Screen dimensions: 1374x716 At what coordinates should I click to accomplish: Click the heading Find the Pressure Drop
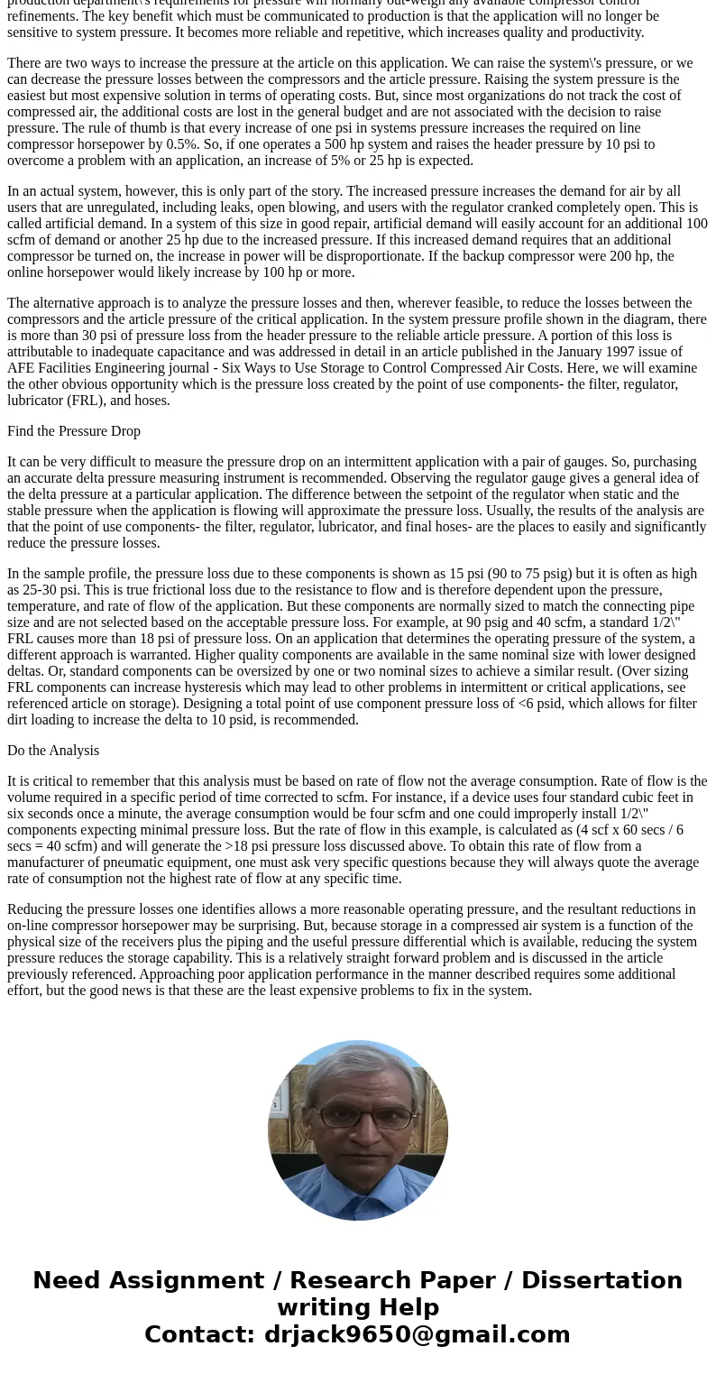coord(74,431)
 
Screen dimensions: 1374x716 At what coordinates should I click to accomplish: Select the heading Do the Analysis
coord(53,751)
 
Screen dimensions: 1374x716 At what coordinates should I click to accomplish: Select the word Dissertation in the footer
coord(601,1281)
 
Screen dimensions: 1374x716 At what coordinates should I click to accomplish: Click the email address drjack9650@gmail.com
coord(417,1335)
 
